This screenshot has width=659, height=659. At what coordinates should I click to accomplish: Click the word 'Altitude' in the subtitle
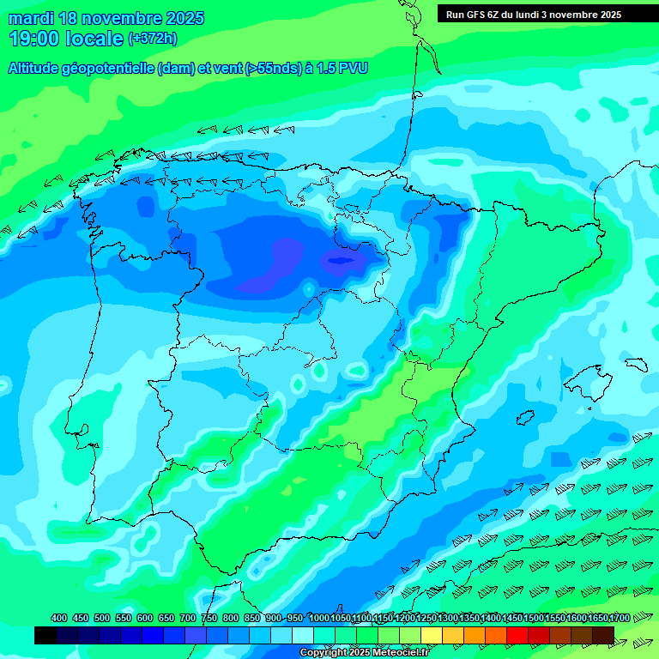coord(38,69)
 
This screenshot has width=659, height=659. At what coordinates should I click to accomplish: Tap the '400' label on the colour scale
coord(59,618)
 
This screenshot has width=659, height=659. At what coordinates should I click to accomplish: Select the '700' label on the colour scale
coord(188,618)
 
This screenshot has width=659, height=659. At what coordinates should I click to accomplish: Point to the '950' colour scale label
coord(295,618)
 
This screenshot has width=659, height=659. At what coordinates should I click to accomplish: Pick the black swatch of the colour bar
coord(45,635)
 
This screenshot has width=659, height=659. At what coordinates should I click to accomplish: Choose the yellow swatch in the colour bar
coord(432,635)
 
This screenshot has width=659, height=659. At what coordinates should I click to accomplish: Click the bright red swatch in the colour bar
coord(517,635)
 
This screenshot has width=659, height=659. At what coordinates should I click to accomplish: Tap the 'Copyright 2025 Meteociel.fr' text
coord(364,653)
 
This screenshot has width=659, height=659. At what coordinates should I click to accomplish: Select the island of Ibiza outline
coord(523,418)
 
